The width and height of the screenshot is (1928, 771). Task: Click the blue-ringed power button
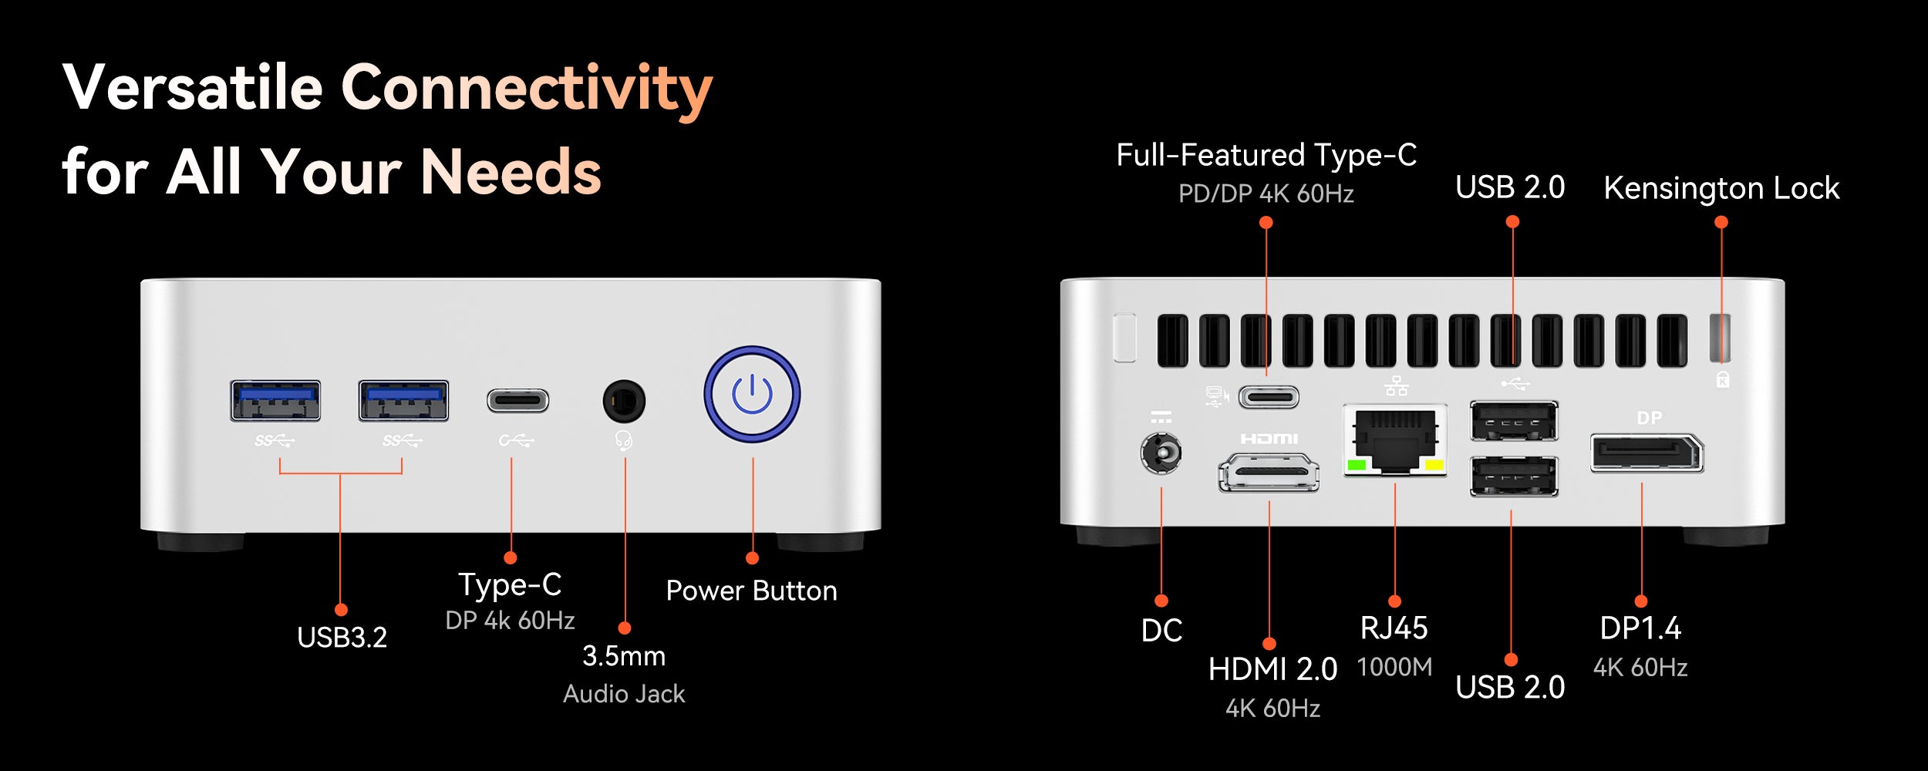pyautogui.click(x=752, y=394)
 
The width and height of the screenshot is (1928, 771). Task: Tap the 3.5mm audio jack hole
pyautogui.click(x=624, y=401)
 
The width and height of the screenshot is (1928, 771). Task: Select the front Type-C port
pyautogui.click(x=517, y=401)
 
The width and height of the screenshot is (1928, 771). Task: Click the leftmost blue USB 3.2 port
pyautogui.click(x=275, y=400)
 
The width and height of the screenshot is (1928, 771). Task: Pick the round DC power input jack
pyautogui.click(x=1161, y=453)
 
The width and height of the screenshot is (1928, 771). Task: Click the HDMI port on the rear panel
pyautogui.click(x=1269, y=472)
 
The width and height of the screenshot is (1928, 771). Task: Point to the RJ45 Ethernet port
pyautogui.click(x=1395, y=440)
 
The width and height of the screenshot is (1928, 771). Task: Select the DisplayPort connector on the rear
pyautogui.click(x=1647, y=453)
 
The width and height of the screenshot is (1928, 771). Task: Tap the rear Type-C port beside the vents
pyautogui.click(x=1269, y=397)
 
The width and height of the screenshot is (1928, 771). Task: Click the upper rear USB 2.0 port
pyautogui.click(x=1514, y=421)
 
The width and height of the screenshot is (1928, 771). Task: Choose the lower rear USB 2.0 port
pyautogui.click(x=1514, y=476)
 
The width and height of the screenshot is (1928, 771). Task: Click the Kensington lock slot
pyautogui.click(x=1720, y=337)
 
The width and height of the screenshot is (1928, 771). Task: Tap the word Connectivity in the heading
pyautogui.click(x=527, y=88)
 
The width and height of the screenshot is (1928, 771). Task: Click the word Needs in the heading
pyautogui.click(x=511, y=171)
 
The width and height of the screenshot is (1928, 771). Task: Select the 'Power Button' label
pyautogui.click(x=751, y=591)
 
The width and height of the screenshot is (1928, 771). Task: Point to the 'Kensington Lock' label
pyautogui.click(x=1721, y=188)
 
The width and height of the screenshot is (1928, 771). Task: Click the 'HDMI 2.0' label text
pyautogui.click(x=1272, y=669)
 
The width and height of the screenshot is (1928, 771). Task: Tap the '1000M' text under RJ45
pyautogui.click(x=1394, y=667)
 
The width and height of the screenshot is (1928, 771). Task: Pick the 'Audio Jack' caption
pyautogui.click(x=624, y=694)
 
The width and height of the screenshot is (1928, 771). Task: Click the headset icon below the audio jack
pyautogui.click(x=624, y=440)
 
